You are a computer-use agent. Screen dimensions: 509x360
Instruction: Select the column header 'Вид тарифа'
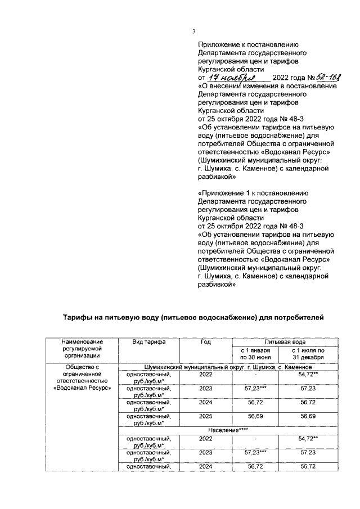pos(148,343)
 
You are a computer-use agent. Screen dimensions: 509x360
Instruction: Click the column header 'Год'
pos(205,343)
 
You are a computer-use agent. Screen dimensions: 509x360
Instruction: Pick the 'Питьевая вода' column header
pos(286,342)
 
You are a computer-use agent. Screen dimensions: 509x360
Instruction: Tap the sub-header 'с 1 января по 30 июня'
pos(256,354)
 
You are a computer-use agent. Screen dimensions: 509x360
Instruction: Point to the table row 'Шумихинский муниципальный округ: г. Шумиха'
pos(231,367)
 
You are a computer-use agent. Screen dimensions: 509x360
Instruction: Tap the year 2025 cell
pos(205,417)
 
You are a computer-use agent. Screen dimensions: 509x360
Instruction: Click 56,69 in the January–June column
pos(256,417)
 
